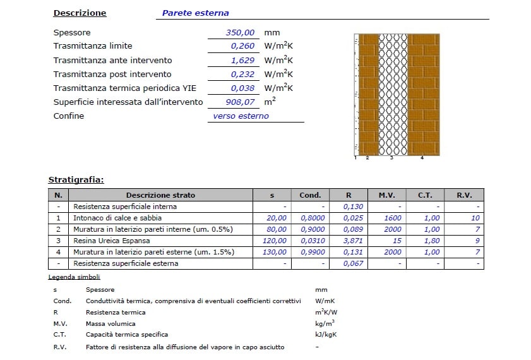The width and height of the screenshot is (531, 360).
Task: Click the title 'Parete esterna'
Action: click(195, 13)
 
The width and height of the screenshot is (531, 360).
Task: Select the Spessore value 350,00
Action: click(240, 32)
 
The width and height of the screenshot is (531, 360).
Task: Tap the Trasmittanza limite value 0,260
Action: click(242, 46)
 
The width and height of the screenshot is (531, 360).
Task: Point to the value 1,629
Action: click(242, 60)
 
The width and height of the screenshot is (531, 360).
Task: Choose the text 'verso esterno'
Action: click(241, 116)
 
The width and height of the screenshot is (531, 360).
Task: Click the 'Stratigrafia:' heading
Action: click(76, 180)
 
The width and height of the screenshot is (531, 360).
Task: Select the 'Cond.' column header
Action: click(310, 195)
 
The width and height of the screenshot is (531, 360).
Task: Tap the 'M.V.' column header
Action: click(387, 195)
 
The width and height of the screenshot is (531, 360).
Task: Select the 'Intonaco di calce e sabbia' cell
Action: click(114, 218)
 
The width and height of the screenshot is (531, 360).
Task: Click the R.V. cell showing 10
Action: click(475, 218)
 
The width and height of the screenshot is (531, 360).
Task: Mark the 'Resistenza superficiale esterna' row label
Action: click(126, 263)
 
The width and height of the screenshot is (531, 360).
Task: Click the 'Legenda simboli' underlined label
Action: click(74, 277)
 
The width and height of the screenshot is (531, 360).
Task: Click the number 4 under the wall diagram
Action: click(422, 157)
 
